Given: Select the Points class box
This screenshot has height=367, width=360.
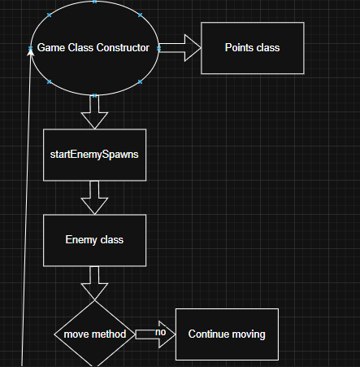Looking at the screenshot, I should point(252,48).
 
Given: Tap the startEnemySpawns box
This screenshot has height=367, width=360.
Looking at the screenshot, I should point(94,155).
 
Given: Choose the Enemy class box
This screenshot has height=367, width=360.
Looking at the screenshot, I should point(94,240).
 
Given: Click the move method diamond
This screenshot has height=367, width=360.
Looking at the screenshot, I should point(94,334).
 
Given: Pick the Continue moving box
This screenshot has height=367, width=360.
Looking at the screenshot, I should point(227,334).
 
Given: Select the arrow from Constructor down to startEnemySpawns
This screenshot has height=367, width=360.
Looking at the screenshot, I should point(94,110).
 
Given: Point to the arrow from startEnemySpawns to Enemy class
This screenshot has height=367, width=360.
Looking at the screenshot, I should point(94,197).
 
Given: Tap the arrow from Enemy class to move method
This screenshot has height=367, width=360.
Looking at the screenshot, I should point(94,282).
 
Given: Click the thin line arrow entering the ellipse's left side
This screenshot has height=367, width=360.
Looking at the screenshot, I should point(27,203).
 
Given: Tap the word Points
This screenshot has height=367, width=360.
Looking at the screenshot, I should point(239,48).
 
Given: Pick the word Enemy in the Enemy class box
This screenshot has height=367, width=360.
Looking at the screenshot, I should point(81,240).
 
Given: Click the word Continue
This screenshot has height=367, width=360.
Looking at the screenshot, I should point(208,334).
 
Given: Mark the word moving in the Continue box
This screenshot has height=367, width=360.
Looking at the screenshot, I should point(247,334).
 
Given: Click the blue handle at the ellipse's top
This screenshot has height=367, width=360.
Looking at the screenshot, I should point(94,2).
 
